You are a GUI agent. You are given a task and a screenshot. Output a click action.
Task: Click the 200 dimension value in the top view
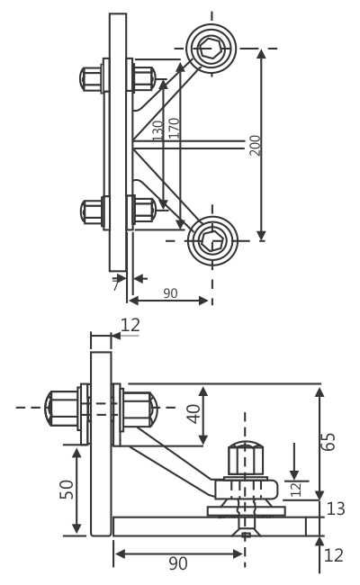[256, 145]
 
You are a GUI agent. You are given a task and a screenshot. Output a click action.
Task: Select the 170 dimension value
[175, 128]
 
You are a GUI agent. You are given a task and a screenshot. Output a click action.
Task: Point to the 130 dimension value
[158, 131]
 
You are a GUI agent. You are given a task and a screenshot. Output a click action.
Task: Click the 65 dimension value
[329, 442]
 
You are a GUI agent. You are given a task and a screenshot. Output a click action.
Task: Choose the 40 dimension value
[193, 414]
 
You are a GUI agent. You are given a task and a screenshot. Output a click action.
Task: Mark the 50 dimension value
[67, 490]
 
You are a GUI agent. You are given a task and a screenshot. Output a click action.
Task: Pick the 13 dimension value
[336, 509]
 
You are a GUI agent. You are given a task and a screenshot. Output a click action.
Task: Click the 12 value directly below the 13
[333, 556]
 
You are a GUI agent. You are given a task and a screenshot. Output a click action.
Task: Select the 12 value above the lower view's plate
[130, 326]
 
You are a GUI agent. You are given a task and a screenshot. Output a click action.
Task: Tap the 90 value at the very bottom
[178, 564]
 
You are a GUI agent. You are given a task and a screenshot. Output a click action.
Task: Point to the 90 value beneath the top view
[170, 293]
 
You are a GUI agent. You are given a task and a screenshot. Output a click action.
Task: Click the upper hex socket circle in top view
[211, 48]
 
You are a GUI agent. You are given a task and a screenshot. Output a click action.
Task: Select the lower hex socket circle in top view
[212, 240]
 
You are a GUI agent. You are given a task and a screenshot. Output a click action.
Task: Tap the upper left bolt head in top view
[91, 79]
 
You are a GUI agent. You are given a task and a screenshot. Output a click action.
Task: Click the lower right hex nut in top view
[144, 211]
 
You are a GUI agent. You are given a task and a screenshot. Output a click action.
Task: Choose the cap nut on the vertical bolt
[245, 458]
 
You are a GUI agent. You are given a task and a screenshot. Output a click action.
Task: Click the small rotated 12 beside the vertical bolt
[295, 490]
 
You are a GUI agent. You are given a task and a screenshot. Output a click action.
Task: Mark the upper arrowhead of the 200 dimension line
[261, 54]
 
